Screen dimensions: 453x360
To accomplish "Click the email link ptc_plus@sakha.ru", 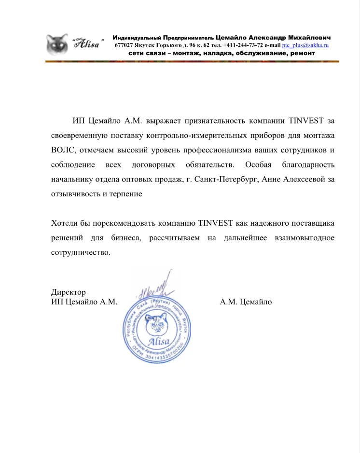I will [305, 45].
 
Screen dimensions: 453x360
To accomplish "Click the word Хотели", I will [64, 223].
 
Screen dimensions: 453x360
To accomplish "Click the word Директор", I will [68, 292].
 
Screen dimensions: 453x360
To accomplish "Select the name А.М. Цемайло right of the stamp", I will [246, 302].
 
